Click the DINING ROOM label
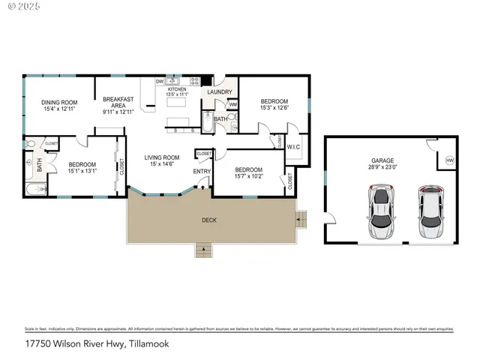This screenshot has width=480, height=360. [x=59, y=103]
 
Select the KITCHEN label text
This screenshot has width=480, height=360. [x=177, y=89]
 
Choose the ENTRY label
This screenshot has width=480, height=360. [x=202, y=172]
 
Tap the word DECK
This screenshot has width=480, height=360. [x=209, y=220]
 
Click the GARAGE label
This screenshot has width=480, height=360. [x=382, y=160]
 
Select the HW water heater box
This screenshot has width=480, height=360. [x=449, y=160]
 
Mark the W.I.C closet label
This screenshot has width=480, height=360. [x=293, y=147]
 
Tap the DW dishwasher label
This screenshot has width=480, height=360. [x=160, y=81]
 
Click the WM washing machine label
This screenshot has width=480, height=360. [x=232, y=104]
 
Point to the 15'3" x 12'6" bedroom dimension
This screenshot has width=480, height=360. [x=274, y=108]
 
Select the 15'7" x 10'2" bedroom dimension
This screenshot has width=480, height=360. [x=248, y=177]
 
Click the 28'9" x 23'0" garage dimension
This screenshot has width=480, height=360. [x=382, y=167]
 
